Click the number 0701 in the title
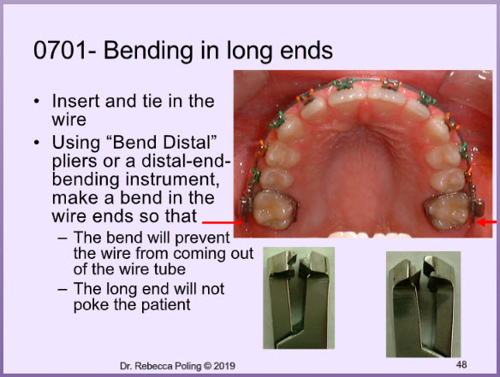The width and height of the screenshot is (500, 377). [x=60, y=50]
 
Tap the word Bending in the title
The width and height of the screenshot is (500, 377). [x=149, y=51]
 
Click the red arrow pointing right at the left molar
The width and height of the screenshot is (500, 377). [x=223, y=223]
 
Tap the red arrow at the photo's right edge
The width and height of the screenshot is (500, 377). [x=487, y=221]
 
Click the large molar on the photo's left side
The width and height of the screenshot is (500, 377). [x=275, y=209]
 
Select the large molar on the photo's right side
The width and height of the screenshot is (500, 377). [x=448, y=211]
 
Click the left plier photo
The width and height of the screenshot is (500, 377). [x=299, y=298]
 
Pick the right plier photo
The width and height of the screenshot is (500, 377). [x=424, y=304]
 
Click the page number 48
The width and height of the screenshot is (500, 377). [x=461, y=364]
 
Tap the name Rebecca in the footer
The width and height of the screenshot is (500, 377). [x=154, y=366]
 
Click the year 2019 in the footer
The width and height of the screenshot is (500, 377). [x=224, y=366]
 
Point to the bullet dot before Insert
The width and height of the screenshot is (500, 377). [x=37, y=102]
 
